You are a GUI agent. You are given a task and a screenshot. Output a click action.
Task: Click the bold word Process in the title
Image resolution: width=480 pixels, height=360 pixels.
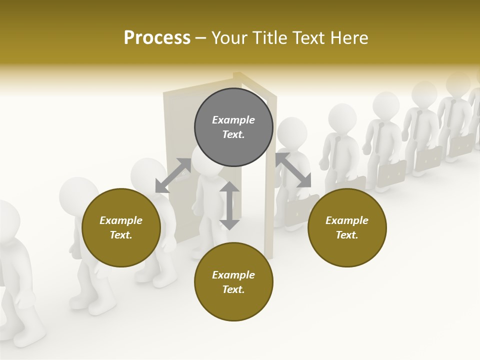[x=157, y=38]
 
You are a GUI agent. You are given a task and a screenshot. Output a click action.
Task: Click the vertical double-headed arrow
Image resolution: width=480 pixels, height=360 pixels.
[x=229, y=205]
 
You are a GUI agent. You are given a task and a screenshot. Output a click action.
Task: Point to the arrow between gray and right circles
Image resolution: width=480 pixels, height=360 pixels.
[x=293, y=170]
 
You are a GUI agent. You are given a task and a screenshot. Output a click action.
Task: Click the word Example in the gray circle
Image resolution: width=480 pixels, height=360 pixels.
[x=233, y=120]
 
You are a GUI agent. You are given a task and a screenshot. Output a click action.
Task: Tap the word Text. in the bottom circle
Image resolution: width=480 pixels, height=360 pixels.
[x=233, y=289]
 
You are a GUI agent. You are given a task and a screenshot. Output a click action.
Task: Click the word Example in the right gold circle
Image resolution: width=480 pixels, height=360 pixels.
[x=347, y=220]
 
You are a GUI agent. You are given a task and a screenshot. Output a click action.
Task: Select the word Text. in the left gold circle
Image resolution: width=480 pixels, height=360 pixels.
[x=121, y=235]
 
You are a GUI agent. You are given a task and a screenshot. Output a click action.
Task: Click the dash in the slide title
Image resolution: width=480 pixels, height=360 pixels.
[x=201, y=38]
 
